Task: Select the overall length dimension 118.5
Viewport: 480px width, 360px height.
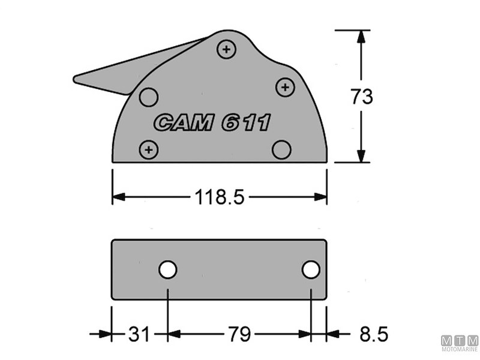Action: coord(219,197)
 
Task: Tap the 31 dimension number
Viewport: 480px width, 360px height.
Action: coord(139,334)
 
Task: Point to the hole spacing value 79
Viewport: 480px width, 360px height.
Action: coord(239,334)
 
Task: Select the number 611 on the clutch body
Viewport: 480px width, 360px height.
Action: coord(246,123)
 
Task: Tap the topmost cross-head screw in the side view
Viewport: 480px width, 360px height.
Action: coord(226,50)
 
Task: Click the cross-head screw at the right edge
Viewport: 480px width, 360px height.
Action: coord(285,88)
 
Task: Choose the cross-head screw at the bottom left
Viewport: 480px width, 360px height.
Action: coord(149,148)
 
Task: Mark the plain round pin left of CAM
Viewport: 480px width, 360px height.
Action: coord(148,96)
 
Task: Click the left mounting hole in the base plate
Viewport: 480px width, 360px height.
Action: coord(168,270)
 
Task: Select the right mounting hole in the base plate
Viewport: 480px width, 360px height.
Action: coord(310,270)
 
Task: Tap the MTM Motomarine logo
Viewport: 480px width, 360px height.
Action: coord(460,345)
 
